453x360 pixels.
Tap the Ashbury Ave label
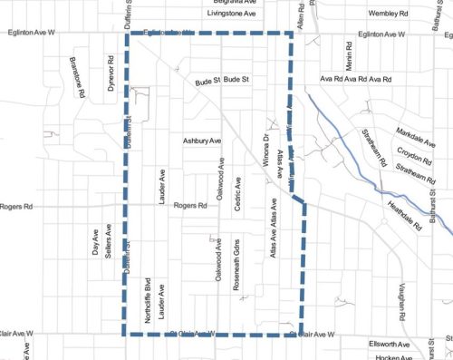[202, 142]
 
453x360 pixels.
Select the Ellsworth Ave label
[390, 345]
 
